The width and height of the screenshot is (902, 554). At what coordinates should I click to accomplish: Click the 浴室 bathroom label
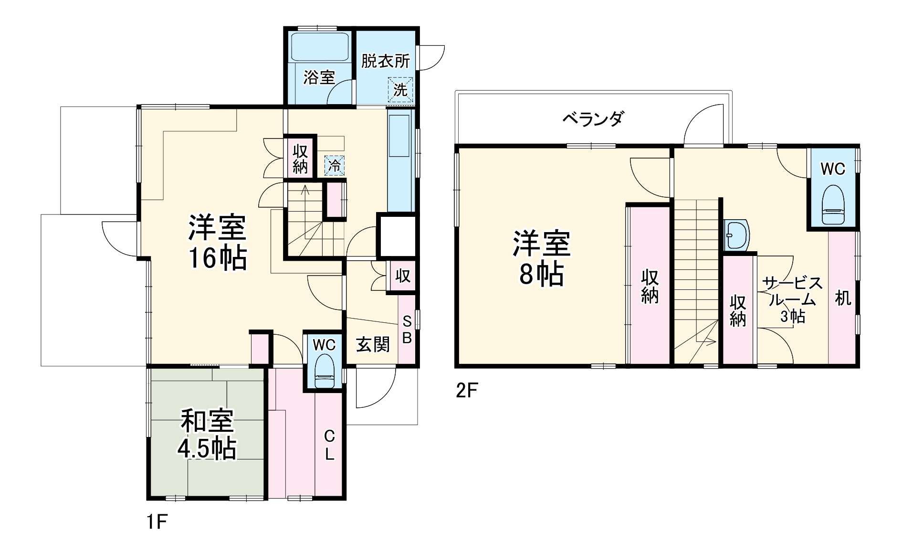319,77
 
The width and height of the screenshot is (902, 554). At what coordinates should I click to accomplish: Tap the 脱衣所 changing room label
385,61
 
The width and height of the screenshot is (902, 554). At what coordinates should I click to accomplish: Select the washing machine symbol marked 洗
400,89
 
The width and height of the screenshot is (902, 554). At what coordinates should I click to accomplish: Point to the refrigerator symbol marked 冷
335,166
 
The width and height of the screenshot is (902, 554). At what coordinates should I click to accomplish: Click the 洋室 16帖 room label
217,243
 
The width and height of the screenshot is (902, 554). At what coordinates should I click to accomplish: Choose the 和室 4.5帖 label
207,435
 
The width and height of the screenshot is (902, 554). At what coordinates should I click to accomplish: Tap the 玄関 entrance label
373,344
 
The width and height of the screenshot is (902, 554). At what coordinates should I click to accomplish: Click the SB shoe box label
407,330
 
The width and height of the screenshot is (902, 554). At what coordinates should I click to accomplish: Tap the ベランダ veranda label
593,118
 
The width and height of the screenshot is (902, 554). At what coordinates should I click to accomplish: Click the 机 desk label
843,298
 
